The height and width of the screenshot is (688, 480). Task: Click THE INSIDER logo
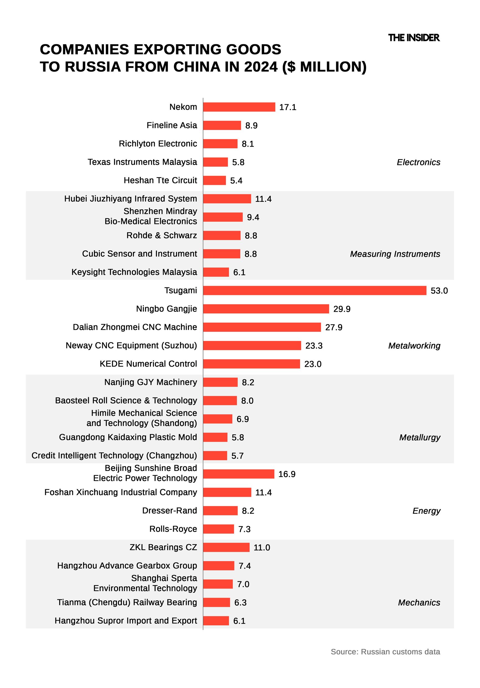(x=413, y=38)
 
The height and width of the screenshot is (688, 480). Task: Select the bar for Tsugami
(x=314, y=290)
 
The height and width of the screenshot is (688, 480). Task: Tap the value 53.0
(x=439, y=291)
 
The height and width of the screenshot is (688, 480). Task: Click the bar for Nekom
(x=239, y=107)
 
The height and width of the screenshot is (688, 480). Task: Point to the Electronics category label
(x=418, y=162)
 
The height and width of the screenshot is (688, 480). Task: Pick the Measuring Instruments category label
(x=395, y=254)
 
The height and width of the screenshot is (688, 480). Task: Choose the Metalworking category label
(x=414, y=345)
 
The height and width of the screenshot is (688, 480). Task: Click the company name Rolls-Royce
(x=173, y=529)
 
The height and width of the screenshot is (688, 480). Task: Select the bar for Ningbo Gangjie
(x=266, y=309)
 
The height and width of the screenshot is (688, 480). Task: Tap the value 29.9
(x=342, y=309)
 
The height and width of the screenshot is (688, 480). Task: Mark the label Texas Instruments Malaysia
(x=142, y=162)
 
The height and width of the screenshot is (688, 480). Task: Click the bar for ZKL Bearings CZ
(x=226, y=547)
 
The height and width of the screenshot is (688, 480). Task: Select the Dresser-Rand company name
(x=170, y=510)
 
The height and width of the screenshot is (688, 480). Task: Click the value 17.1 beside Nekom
(x=288, y=107)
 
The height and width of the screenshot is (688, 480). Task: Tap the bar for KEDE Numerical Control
(x=251, y=364)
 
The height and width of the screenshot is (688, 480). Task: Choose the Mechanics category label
(x=419, y=602)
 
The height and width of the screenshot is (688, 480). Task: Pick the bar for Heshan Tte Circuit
(x=214, y=180)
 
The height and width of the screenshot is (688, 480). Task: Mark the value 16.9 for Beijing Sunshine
(x=287, y=474)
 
